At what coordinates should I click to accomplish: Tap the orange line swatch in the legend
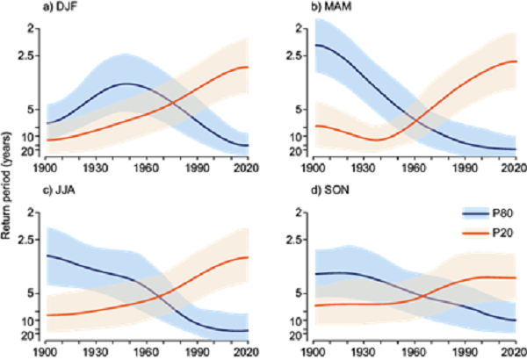tap(473, 233)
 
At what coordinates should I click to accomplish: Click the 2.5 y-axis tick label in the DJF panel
tap(32, 55)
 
